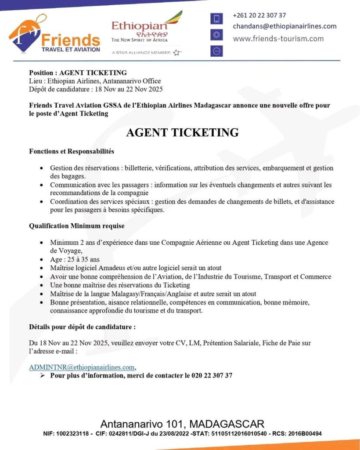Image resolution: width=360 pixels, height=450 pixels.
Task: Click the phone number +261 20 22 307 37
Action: tap(259, 15)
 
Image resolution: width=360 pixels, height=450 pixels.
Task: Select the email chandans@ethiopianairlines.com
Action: tap(284, 26)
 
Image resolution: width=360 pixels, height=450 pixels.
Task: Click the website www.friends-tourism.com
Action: tap(278, 39)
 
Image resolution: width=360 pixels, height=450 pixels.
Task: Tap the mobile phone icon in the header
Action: tap(216, 18)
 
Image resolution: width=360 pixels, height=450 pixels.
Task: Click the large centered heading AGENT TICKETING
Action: tap(182, 132)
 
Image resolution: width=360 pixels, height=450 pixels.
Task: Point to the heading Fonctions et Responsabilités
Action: tap(72, 151)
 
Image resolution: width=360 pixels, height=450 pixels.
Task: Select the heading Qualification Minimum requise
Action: tap(76, 226)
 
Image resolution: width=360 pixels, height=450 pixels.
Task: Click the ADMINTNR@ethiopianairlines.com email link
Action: tap(82, 367)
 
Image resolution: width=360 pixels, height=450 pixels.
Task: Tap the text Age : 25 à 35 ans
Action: tap(75, 259)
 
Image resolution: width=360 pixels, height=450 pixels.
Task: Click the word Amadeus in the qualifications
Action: tap(116, 268)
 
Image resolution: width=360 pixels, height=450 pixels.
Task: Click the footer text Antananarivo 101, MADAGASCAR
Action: tap(182, 424)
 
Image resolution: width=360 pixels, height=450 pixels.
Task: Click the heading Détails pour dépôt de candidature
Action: tap(82, 327)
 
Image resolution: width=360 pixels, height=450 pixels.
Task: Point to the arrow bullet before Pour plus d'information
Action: tap(43, 375)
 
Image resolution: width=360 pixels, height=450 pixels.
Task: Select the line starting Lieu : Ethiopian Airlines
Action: tap(95, 81)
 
